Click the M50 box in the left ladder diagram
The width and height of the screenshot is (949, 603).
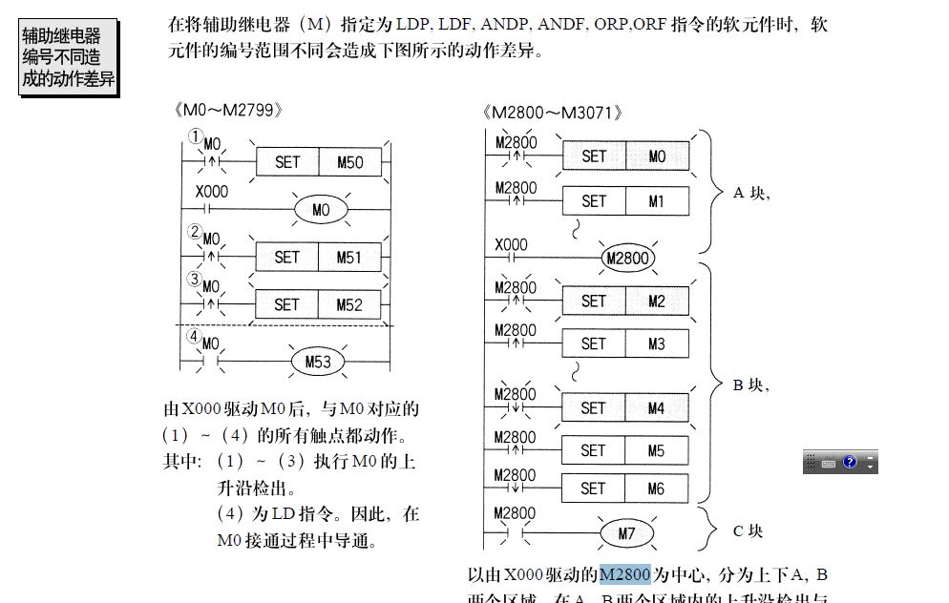(x=349, y=162)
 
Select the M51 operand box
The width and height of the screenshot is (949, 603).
(x=349, y=258)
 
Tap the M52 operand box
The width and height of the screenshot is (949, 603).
(x=349, y=305)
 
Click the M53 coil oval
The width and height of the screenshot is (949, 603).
(x=318, y=363)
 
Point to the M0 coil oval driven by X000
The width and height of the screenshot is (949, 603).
(x=321, y=210)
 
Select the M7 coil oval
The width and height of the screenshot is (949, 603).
(x=626, y=533)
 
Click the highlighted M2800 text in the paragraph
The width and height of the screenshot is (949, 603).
(x=625, y=574)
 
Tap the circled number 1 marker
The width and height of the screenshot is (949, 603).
(x=196, y=136)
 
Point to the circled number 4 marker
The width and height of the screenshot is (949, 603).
(x=193, y=336)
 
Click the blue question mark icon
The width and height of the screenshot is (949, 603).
(x=850, y=463)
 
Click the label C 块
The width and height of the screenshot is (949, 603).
(x=749, y=531)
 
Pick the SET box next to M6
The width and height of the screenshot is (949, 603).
(x=593, y=489)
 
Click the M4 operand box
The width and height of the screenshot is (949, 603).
(x=656, y=408)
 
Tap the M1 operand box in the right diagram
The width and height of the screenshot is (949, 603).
(x=656, y=201)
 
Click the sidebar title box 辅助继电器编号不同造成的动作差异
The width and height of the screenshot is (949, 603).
(x=68, y=58)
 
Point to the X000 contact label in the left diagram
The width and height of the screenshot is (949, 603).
(x=212, y=192)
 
